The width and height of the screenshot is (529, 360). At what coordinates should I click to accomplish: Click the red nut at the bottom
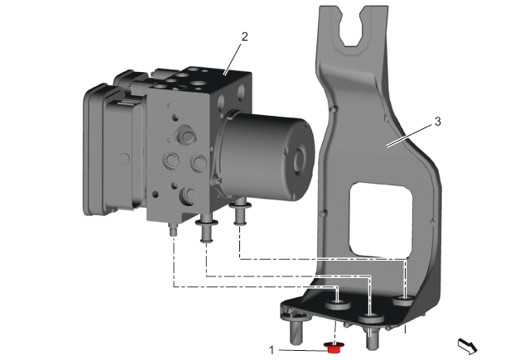[x=334, y=348]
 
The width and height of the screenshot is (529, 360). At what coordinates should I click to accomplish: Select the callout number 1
[x=272, y=350]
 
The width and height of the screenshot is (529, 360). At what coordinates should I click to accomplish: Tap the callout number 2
[x=244, y=36]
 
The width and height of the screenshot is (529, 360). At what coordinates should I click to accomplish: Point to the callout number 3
[x=438, y=122]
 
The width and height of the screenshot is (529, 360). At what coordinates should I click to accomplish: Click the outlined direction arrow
[x=468, y=347]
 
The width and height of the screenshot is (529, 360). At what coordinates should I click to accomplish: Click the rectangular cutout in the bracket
[x=381, y=219]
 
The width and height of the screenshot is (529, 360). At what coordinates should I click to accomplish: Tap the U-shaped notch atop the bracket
[x=353, y=27]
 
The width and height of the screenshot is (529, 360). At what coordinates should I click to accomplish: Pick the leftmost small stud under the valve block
[x=173, y=229]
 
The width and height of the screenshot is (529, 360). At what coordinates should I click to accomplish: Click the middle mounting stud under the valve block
[x=206, y=230]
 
